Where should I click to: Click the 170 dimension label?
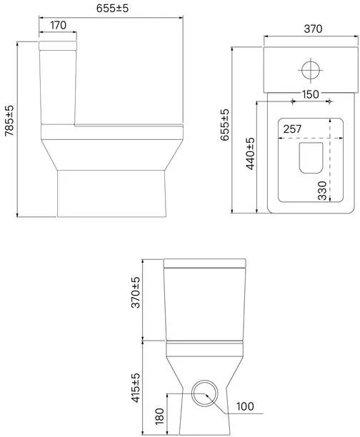[x=59, y=26]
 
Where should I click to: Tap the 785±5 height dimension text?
[x=10, y=121]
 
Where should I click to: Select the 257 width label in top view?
[x=292, y=129]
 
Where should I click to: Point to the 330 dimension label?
[x=322, y=191]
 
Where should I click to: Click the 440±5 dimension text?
[x=251, y=154]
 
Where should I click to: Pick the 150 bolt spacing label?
[x=311, y=94]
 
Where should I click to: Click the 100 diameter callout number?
[x=245, y=406]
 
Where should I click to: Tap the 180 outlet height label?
[x=159, y=416]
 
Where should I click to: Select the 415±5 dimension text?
[x=136, y=388]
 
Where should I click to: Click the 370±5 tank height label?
[x=136, y=292]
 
